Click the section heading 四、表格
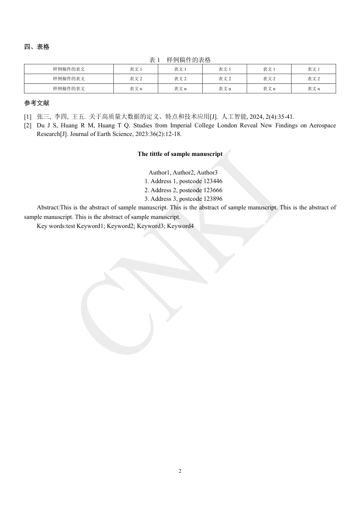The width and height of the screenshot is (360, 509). [x=37, y=47]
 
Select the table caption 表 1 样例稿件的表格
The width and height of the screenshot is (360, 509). [x=180, y=60]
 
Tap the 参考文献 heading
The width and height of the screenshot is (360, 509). [x=37, y=103]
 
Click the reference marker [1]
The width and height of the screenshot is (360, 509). [x=28, y=116]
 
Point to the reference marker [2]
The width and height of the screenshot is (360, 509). [x=28, y=125]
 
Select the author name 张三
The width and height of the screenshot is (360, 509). [x=44, y=116]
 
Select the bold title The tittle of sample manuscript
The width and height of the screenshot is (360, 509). [x=180, y=154]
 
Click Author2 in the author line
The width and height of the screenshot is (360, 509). [x=183, y=173]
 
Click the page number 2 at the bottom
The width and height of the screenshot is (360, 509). [x=180, y=471]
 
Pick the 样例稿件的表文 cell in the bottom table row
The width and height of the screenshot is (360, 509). [x=69, y=89]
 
